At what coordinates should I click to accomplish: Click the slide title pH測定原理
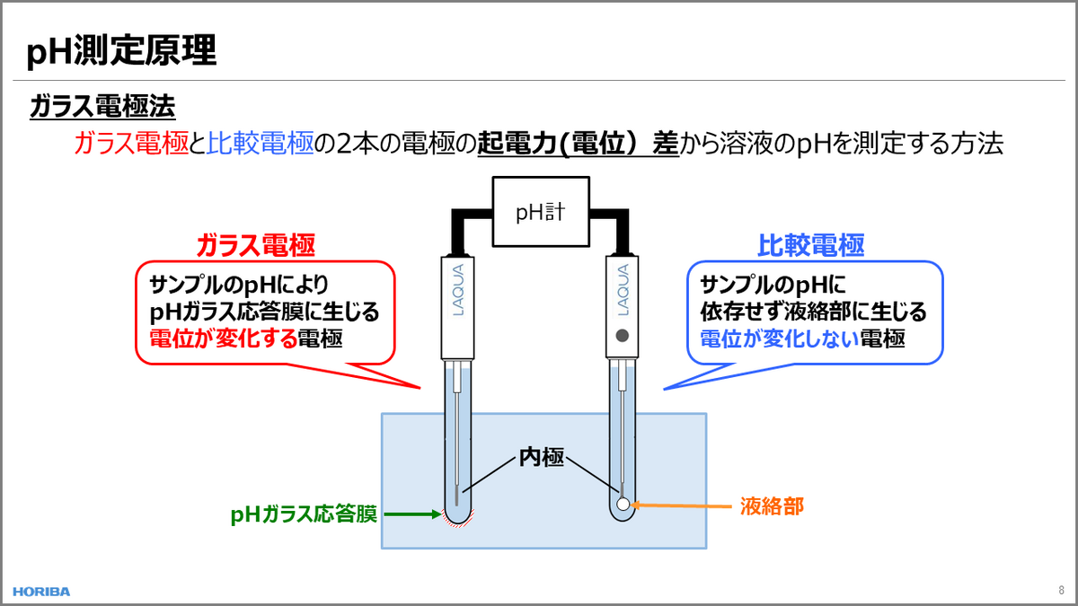pos(121,50)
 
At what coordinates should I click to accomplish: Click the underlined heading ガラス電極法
pos(102,106)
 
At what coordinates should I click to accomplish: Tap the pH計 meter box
pos(541,212)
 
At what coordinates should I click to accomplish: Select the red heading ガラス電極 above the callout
pos(256,245)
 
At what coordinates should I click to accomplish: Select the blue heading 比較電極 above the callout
pos(811,245)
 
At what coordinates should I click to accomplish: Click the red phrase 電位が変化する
pos(224,338)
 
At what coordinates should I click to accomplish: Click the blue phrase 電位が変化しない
pos(780,338)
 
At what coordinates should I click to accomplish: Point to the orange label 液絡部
pos(772,506)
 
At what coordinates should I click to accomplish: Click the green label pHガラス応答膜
pos(304,514)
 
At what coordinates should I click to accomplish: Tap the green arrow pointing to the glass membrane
pos(412,514)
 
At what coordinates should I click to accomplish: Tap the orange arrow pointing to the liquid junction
pos(681,505)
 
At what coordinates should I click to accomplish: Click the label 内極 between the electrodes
pos(542,457)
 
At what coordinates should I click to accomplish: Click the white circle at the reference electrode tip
pos(623,504)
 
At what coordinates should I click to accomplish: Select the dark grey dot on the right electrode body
pos(623,335)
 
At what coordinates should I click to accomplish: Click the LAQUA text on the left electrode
pos(458,289)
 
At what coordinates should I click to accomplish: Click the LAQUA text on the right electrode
pos(623,289)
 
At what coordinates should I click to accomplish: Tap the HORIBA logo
pos(41,592)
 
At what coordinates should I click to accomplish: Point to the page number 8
pos(1061,590)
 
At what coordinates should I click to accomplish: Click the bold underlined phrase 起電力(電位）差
pos(578,144)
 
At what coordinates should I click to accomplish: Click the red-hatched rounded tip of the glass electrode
pos(457,519)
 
